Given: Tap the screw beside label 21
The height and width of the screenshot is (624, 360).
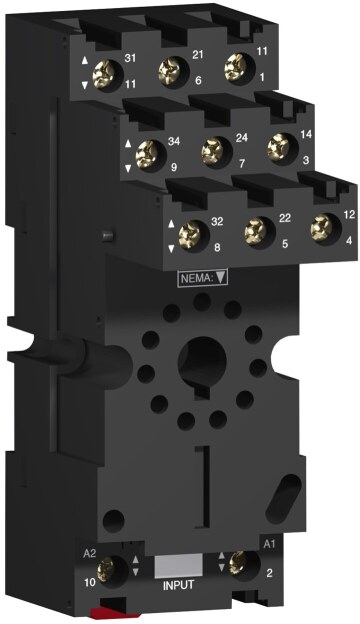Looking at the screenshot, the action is pyautogui.click(x=169, y=71).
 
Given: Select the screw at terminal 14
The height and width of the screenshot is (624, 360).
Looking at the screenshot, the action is pyautogui.click(x=278, y=147).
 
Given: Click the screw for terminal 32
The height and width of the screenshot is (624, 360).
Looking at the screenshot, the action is pyautogui.click(x=189, y=235).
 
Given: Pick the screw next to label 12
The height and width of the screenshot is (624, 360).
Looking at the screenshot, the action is pyautogui.click(x=321, y=227).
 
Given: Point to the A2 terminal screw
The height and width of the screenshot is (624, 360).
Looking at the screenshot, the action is pyautogui.click(x=106, y=569).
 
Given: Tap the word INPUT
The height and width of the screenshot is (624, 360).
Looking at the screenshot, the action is pyautogui.click(x=179, y=585).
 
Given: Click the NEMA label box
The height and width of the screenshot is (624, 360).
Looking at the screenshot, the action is pyautogui.click(x=203, y=277).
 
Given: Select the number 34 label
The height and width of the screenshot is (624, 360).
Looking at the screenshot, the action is pyautogui.click(x=174, y=141).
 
